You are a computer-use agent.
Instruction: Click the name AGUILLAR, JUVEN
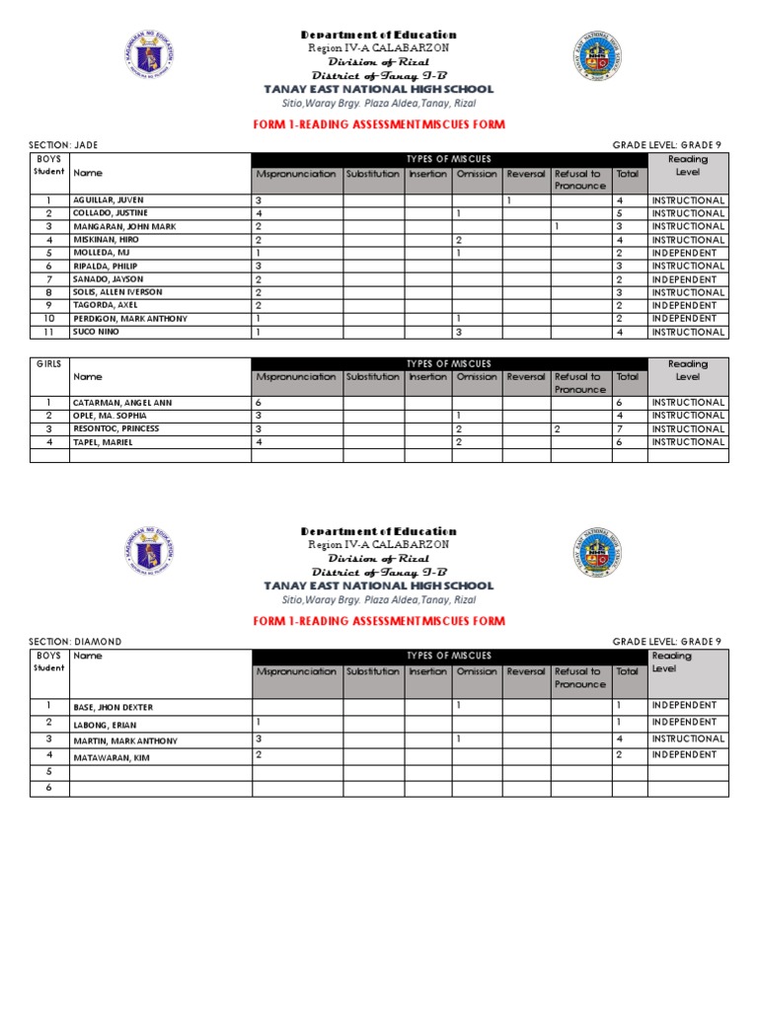pos(109,200)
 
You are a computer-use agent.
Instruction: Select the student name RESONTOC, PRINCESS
pos(115,429)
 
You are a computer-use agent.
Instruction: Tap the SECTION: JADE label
pos(64,145)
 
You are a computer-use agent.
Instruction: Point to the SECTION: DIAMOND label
pos(76,642)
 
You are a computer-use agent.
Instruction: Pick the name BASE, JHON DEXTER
pos(114,708)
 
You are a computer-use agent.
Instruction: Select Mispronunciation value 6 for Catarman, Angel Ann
pos(259,403)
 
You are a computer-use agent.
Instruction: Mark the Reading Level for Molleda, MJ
pos(682,253)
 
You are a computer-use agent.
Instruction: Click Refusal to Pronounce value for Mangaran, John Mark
pos(558,226)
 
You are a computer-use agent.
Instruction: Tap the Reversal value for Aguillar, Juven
pos(508,200)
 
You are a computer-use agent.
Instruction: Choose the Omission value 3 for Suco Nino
pos(458,332)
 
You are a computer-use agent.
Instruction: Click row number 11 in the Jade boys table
pos(48,332)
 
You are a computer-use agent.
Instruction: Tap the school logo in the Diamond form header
pos(597,555)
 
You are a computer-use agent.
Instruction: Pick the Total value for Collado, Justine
pos(619,213)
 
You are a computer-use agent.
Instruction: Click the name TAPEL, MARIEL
pos(104,442)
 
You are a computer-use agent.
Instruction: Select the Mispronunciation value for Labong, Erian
pos(259,722)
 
